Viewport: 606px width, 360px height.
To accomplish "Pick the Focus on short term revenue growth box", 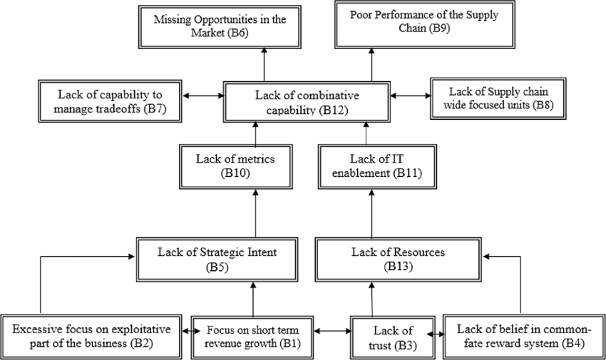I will pos(253,335).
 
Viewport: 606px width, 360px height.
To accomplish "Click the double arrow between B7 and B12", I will pos(202,95).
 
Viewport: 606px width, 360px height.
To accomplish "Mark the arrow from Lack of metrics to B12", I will pos(255,133).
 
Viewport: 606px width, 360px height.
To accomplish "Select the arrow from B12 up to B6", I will pos(264,63).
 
